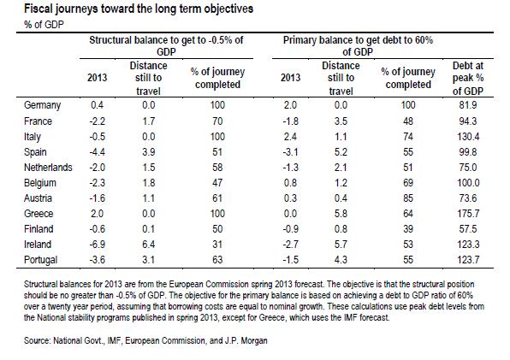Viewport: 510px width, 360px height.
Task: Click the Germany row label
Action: pos(42,105)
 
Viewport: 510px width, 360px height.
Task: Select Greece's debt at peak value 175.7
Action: pos(468,214)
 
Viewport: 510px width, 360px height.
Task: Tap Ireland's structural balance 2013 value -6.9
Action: pos(98,245)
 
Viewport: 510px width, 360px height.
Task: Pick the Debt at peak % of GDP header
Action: pos(468,79)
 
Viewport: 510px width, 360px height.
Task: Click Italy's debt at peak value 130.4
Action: pos(468,137)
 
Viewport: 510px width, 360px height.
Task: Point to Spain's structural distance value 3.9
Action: pos(148,152)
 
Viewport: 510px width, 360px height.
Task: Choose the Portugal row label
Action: pos(41,260)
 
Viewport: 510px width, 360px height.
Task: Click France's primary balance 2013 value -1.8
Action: pos(290,121)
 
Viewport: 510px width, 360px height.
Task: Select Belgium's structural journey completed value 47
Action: pos(217,183)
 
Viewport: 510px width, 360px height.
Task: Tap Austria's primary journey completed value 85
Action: pos(408,198)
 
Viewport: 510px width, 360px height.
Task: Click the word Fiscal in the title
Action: pos(38,9)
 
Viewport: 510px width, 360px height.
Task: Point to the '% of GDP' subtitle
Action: pos(44,25)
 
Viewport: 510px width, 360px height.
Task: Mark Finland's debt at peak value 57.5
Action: pos(468,229)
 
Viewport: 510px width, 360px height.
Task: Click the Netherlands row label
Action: pos(48,168)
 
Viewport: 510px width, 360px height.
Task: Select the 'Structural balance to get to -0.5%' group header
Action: pos(166,46)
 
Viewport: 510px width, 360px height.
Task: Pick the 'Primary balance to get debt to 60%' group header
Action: pos(358,46)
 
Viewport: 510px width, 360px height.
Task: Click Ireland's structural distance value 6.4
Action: pos(148,245)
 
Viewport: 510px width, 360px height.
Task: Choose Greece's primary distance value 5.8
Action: pos(341,214)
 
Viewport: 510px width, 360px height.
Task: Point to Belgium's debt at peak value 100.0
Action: pos(468,183)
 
